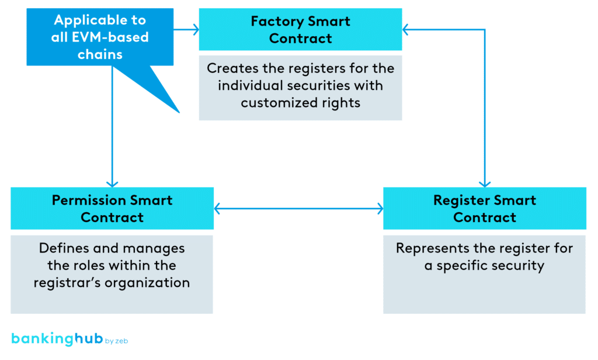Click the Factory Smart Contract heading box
point(300,30)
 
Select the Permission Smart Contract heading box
point(112,209)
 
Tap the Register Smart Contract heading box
point(484,209)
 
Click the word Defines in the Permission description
point(61,248)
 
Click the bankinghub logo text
point(57,340)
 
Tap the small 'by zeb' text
point(116,341)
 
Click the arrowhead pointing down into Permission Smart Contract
point(112,182)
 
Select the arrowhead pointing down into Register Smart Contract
point(485,182)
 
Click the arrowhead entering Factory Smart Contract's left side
point(194,29)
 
